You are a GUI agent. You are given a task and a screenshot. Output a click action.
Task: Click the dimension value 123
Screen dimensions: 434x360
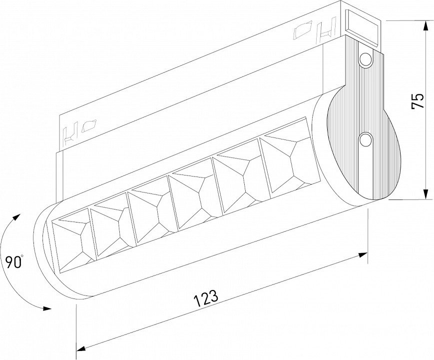(x=206, y=298)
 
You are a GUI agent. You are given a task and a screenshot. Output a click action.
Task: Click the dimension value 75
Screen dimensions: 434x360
(x=418, y=101)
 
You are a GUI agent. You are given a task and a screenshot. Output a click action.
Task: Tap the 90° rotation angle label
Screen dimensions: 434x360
(x=13, y=262)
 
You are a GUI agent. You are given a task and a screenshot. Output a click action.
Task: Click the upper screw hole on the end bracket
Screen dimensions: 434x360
(x=366, y=59)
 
